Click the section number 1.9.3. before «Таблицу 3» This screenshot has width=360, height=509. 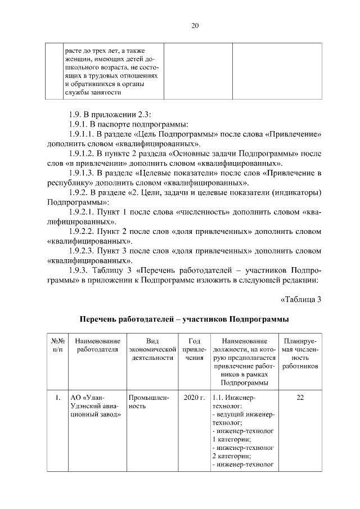point(80,269)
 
